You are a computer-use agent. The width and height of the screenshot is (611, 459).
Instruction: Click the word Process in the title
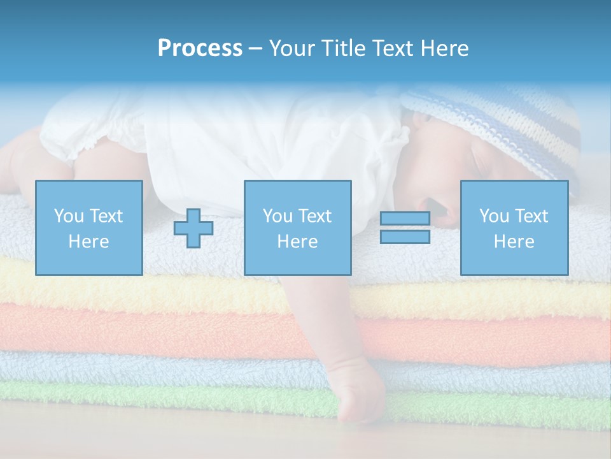[200, 48]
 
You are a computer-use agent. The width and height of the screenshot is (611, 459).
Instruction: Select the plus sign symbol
[193, 228]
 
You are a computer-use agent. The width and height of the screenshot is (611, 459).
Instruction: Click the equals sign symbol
[405, 228]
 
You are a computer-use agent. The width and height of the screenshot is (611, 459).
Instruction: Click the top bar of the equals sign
[405, 218]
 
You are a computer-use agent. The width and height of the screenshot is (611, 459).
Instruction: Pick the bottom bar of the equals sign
[405, 237]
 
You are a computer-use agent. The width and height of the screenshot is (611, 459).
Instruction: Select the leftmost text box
[88, 228]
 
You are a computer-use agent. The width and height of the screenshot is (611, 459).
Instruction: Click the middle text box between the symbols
[297, 228]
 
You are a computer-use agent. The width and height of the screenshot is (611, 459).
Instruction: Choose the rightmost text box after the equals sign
[514, 228]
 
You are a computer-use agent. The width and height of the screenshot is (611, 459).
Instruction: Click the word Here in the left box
[88, 242]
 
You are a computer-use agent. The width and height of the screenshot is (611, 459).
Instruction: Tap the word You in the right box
[494, 216]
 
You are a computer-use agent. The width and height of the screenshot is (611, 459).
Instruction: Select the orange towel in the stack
[159, 328]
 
